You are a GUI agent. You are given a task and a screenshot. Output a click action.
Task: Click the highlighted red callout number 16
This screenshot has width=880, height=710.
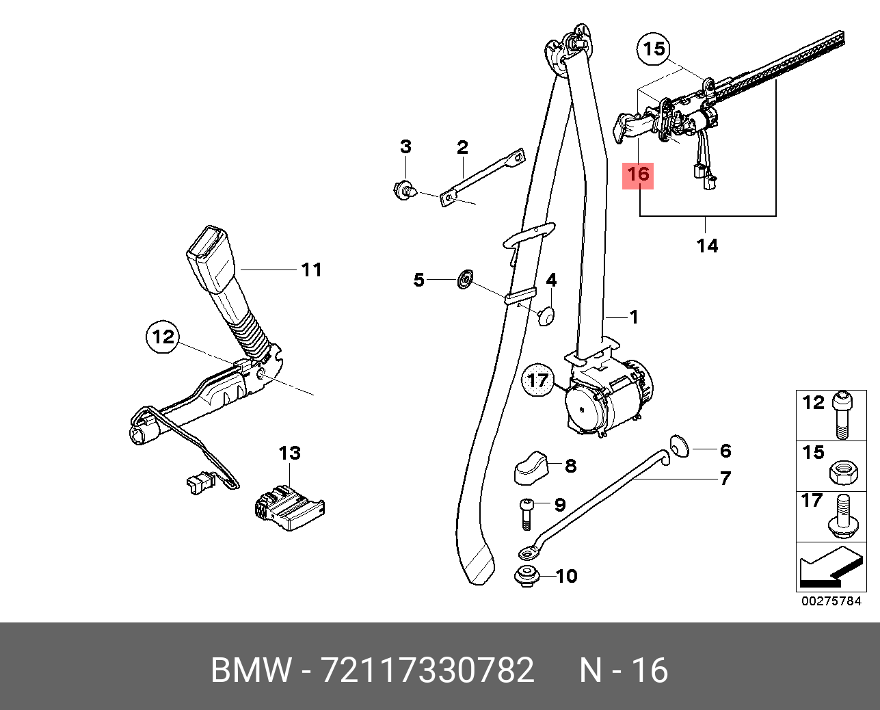637,175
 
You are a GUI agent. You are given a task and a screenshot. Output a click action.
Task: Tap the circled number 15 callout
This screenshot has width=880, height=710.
654,49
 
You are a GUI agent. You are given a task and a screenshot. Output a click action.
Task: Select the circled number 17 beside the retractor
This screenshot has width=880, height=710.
539,380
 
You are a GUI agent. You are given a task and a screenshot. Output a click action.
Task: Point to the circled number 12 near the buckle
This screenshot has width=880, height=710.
163,337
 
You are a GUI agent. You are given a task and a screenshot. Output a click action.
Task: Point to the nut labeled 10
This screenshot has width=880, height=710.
525,576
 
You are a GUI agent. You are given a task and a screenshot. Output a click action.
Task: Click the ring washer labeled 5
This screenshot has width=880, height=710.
464,279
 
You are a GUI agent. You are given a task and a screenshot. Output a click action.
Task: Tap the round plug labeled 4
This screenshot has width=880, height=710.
546,315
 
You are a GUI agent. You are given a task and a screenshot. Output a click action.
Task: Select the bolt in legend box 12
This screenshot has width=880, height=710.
842,413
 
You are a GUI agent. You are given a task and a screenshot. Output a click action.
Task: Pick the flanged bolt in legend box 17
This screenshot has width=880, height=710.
842,518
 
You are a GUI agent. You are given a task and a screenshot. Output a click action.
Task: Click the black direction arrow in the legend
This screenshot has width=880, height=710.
825,569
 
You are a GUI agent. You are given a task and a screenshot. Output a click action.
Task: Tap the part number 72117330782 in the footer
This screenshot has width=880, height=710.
427,671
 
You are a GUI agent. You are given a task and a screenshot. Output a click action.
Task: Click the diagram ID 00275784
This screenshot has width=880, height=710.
832,602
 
